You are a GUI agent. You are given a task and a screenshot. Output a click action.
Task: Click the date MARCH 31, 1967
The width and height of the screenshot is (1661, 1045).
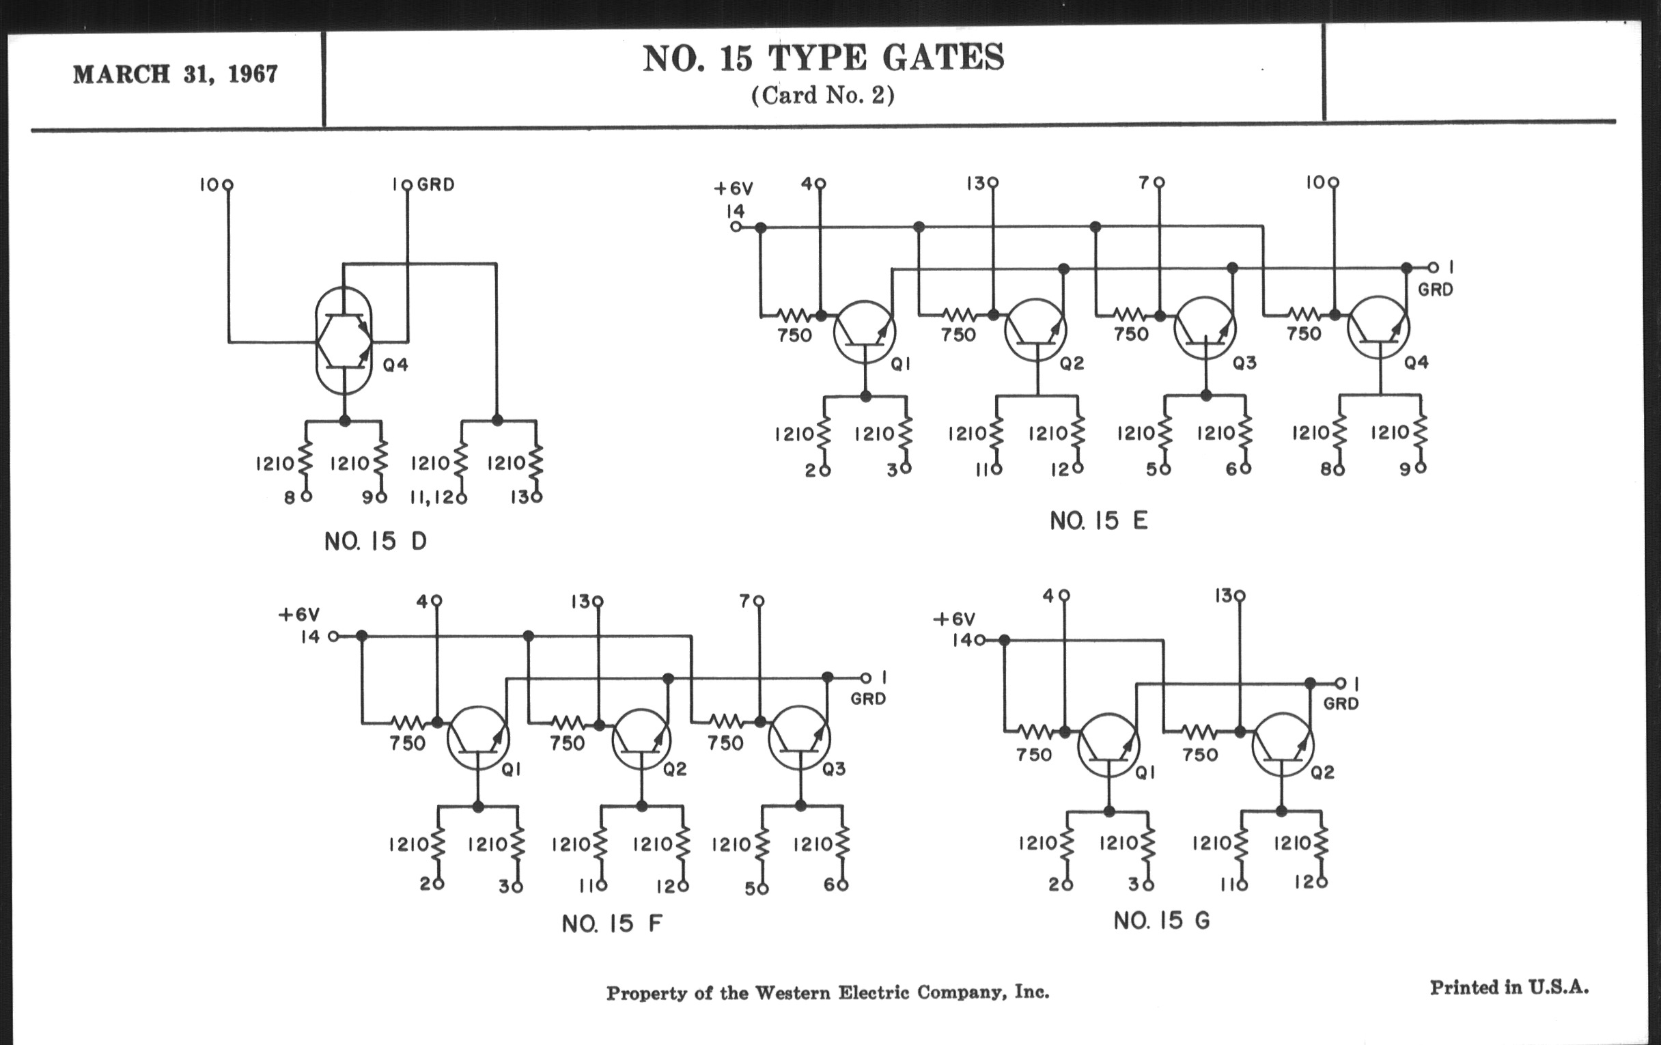tap(176, 74)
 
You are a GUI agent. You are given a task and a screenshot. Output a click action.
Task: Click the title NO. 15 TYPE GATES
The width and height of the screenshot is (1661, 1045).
tap(823, 58)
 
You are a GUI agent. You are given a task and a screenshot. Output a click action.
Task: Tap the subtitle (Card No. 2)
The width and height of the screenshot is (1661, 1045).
tap(822, 95)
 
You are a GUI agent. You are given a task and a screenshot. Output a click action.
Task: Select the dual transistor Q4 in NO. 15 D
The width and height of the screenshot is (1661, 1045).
tap(344, 341)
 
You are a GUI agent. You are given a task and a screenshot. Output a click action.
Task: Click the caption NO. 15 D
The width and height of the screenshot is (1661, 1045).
tap(375, 542)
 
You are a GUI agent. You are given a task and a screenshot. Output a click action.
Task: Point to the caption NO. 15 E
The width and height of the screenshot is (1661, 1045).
tap(1098, 520)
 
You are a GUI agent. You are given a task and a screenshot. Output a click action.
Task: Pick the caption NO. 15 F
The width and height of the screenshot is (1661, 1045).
tap(612, 923)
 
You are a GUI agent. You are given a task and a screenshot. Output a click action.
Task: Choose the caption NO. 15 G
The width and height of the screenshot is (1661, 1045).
tap(1162, 920)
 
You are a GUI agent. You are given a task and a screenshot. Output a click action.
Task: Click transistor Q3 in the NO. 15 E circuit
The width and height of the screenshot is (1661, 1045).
tap(1205, 329)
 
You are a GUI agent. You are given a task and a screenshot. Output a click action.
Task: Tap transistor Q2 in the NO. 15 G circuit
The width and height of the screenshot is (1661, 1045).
tap(1283, 745)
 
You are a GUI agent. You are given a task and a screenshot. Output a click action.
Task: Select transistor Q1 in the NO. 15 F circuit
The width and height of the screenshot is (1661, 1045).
tap(478, 738)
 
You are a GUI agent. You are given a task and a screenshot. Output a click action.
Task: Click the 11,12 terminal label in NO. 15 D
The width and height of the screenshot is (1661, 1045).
tap(432, 497)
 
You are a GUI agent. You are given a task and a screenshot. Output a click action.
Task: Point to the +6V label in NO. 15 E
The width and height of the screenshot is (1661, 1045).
tap(733, 189)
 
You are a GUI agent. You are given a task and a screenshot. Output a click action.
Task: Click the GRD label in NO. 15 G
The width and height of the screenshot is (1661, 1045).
tap(1340, 704)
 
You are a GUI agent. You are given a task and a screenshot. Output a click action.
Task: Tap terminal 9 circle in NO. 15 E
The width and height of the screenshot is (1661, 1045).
tap(1420, 468)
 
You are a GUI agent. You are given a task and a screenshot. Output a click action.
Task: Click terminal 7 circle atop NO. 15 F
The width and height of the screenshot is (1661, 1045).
tap(759, 602)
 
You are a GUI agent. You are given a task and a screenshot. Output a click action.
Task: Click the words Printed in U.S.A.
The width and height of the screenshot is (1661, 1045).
tap(1509, 988)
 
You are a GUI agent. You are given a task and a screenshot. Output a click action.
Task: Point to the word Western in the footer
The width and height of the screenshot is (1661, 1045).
tap(792, 992)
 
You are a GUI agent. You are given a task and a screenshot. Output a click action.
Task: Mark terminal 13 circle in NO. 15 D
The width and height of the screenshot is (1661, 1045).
tap(537, 497)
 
